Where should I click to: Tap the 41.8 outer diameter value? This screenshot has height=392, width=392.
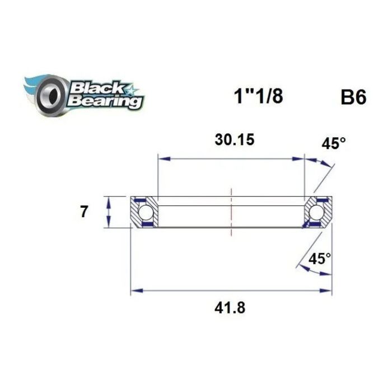coord(229,307)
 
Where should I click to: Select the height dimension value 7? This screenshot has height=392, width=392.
coord(85,212)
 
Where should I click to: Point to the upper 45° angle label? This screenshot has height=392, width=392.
coord(334,144)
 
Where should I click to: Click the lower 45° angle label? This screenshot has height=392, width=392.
coord(320,259)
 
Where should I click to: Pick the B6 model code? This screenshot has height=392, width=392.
coord(353,97)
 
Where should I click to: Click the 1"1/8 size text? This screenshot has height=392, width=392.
coord(258,96)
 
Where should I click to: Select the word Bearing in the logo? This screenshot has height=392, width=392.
coord(105,101)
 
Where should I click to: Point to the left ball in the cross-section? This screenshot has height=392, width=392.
coord(146,213)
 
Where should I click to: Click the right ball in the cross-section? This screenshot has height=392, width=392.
coord(316,213)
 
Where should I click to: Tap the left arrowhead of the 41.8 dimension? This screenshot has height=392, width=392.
coord(134,291)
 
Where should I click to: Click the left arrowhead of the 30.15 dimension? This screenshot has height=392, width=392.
coord(162,159)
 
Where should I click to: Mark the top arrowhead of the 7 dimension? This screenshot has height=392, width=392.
coord(109,200)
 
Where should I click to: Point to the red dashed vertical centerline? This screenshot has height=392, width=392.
coord(230,213)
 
